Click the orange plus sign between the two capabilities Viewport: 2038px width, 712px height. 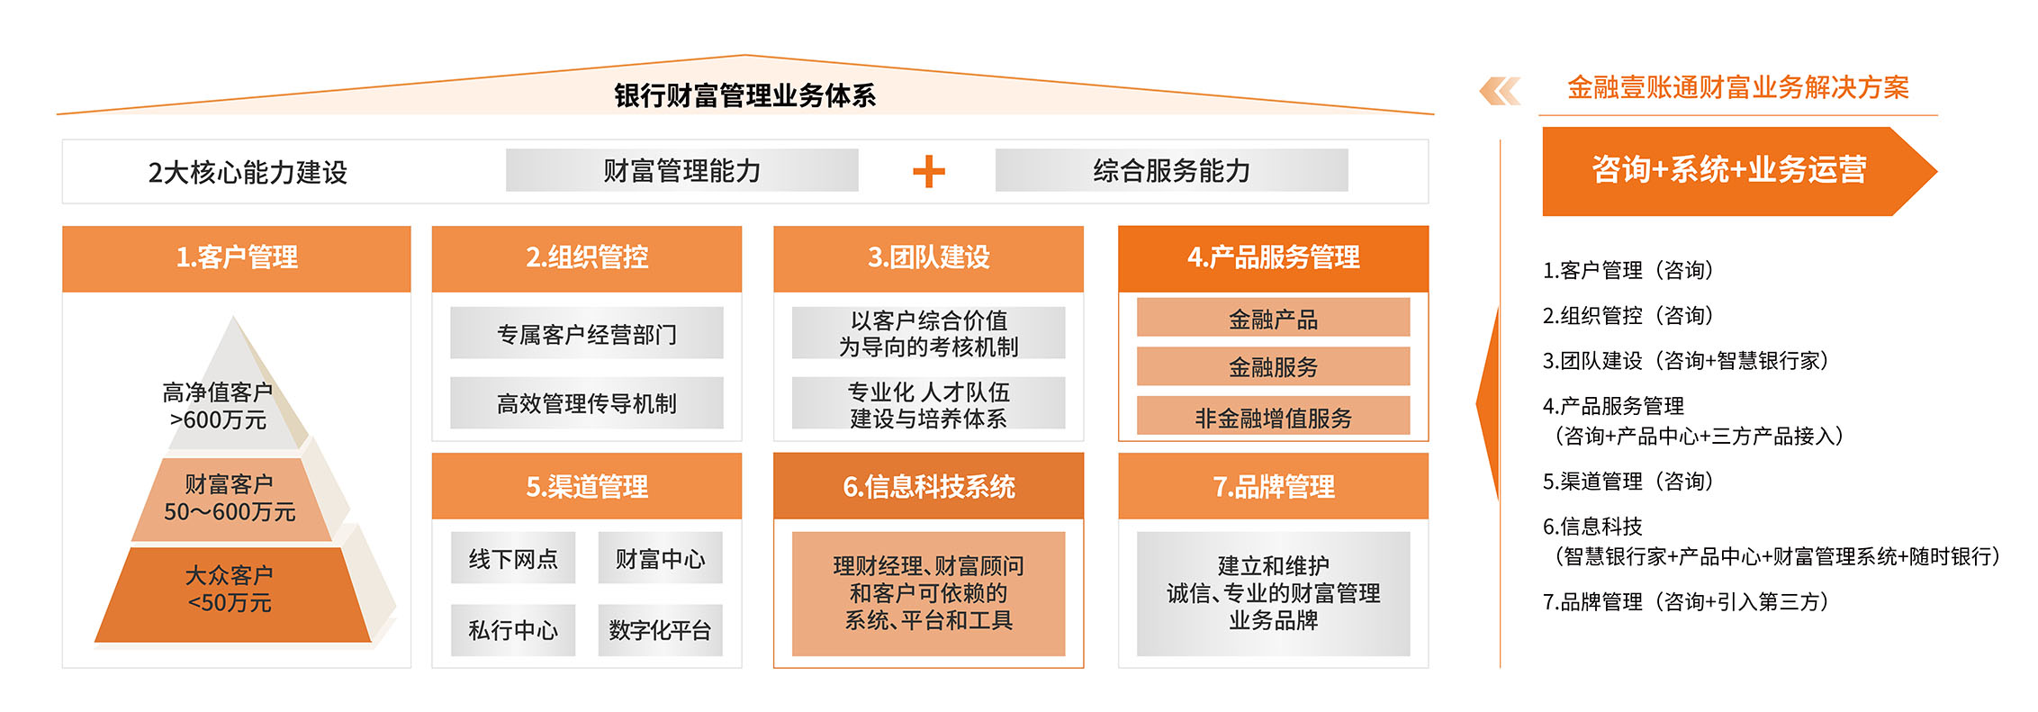coord(928,171)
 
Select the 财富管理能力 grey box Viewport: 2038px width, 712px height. coord(681,170)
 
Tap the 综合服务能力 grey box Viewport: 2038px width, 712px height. coord(1171,170)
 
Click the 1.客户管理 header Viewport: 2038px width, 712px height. coord(236,258)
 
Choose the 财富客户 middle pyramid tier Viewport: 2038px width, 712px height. coord(230,499)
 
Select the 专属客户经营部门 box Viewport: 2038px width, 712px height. coord(587,333)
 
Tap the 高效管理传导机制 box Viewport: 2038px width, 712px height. coord(587,402)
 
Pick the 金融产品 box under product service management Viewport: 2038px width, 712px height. coord(1273,318)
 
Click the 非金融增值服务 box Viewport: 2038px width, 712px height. coord(1273,417)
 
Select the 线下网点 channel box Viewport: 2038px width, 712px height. coord(513,558)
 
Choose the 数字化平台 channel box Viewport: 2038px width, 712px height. coord(660,630)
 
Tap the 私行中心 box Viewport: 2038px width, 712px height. coord(513,630)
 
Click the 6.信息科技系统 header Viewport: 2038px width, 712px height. coord(928,486)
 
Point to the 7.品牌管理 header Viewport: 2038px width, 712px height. coord(1273,486)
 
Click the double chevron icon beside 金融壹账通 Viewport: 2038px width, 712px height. coord(1500,91)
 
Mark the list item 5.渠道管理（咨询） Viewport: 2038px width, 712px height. coord(1628,482)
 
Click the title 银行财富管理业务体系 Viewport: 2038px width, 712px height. coord(744,95)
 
